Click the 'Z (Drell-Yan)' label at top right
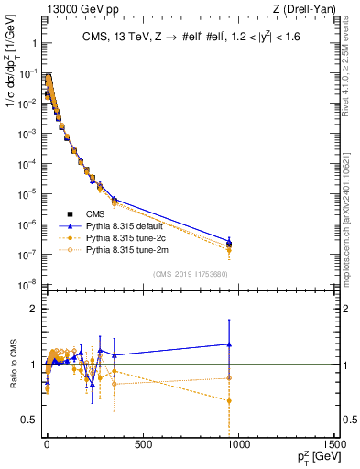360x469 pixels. (x=300, y=10)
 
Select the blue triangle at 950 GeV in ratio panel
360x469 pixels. (x=229, y=344)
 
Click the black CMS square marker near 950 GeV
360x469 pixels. (x=229, y=244)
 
